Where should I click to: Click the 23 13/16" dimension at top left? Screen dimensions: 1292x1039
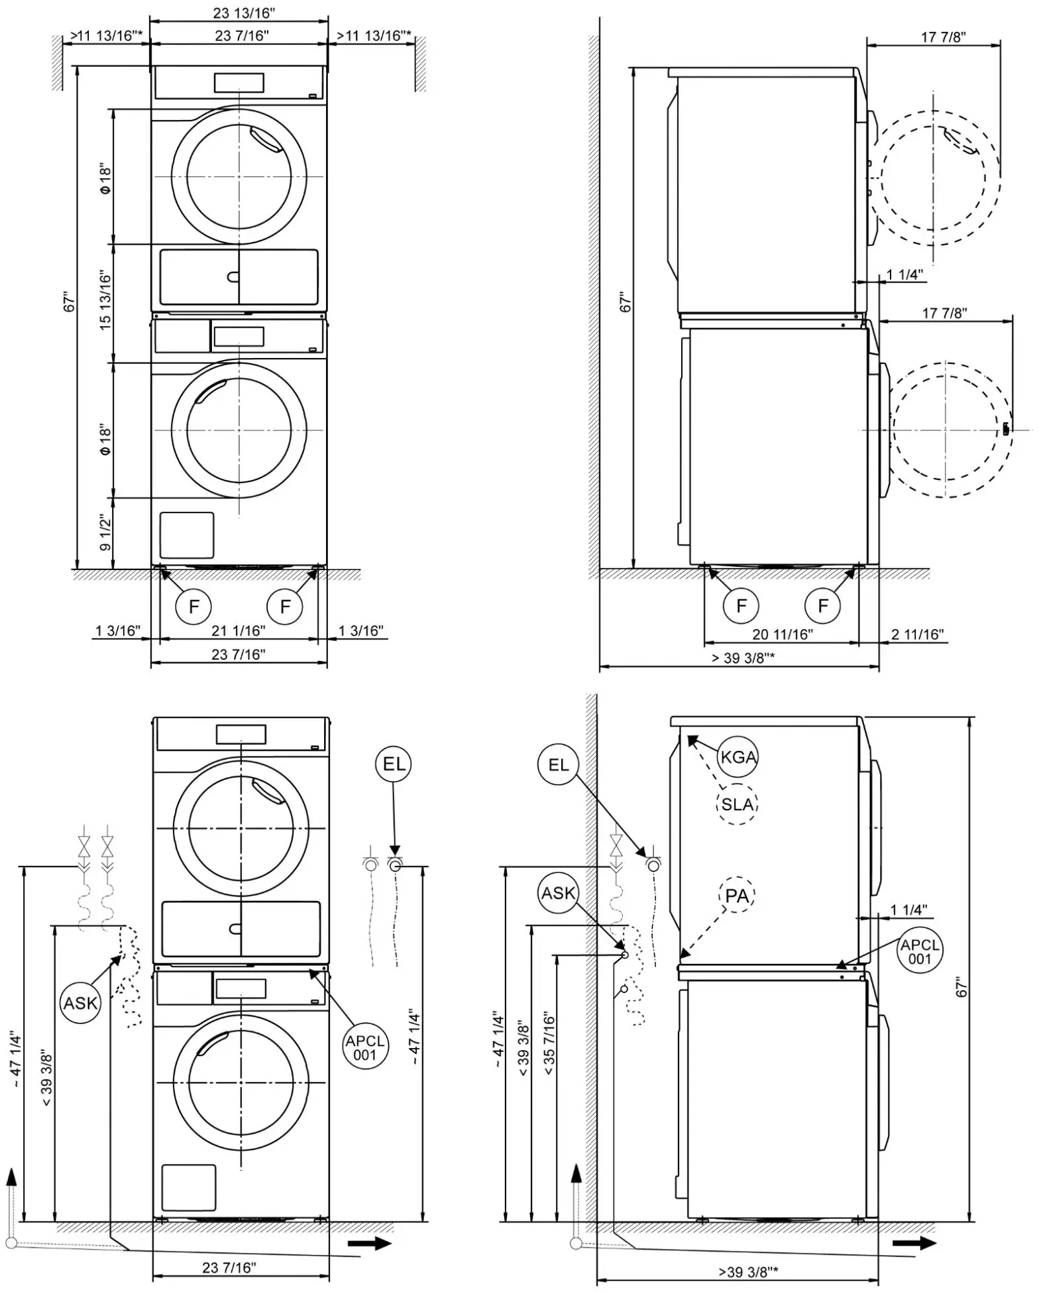(x=244, y=13)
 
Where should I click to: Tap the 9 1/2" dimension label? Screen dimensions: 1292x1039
(x=105, y=532)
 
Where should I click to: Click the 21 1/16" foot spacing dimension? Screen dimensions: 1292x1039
(x=238, y=630)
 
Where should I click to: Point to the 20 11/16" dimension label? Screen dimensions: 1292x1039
(x=782, y=634)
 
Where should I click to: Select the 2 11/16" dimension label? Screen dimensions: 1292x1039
(x=917, y=634)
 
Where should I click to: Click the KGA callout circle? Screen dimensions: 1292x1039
(x=738, y=757)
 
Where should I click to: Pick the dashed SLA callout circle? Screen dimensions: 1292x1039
(x=737, y=805)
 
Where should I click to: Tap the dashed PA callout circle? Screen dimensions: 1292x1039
(x=737, y=896)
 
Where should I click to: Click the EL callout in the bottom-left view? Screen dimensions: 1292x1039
(x=394, y=764)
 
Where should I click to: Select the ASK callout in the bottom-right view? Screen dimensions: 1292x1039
(x=558, y=894)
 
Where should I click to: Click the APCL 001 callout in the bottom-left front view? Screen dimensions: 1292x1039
(x=364, y=1048)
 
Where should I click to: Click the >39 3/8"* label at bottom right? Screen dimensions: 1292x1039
(x=748, y=1271)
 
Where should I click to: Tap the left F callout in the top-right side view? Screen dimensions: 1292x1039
(x=741, y=605)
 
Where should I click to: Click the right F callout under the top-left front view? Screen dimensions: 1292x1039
(x=286, y=606)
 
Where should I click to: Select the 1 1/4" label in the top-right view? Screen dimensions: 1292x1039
(x=904, y=274)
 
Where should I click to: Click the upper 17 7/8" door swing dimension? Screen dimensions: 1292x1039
(x=943, y=37)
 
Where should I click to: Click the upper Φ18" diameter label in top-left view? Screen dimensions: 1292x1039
(x=105, y=180)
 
